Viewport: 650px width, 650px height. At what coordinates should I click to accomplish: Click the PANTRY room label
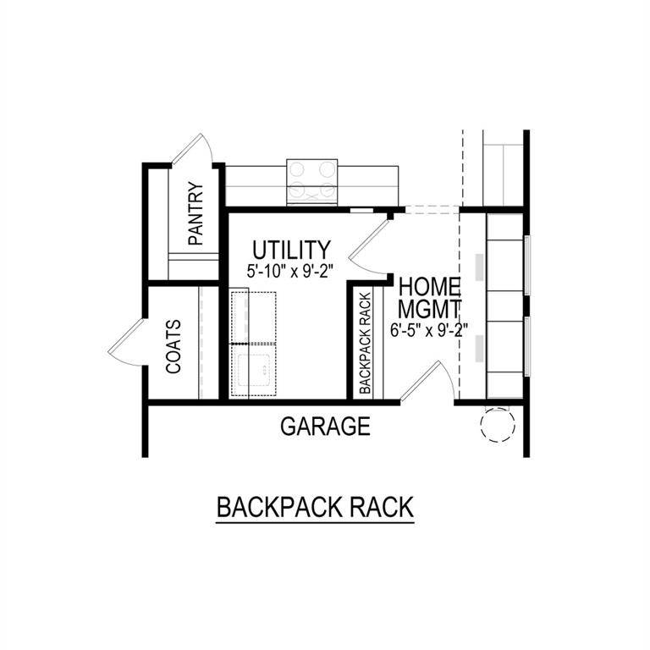pos(196,215)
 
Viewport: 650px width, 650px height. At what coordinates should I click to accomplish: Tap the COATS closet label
pos(174,347)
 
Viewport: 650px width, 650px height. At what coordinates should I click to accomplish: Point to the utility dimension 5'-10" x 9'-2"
pos(291,273)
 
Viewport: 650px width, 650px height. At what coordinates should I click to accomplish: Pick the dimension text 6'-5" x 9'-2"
pos(430,330)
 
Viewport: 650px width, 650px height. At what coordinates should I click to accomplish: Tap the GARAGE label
pos(325,426)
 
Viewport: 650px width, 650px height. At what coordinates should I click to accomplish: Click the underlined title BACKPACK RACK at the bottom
pos(315,508)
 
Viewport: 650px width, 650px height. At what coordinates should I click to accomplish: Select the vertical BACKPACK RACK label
pos(366,344)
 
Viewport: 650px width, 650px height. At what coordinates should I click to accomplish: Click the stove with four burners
pos(312,179)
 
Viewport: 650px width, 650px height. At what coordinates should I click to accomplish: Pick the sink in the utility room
pos(253,370)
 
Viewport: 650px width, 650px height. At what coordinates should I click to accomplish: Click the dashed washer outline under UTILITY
pos(253,317)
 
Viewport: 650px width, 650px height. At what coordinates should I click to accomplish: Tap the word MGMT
pos(430,307)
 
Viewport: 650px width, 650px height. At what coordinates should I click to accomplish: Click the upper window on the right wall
pos(527,264)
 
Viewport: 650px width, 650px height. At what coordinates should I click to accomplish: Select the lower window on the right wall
pos(527,347)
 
